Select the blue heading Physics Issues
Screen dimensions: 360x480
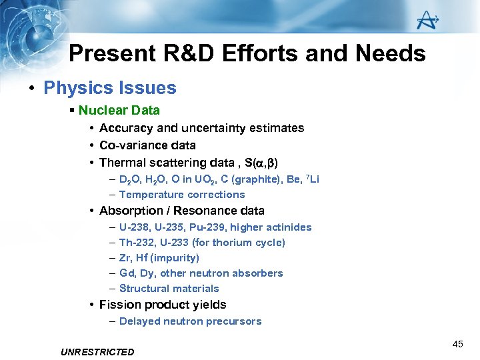(110, 88)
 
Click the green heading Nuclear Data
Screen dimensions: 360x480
(119, 110)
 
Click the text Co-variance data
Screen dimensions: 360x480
(147, 145)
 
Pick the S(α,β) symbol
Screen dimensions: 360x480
(259, 163)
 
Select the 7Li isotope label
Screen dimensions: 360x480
(312, 179)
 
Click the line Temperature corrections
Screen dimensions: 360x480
(182, 195)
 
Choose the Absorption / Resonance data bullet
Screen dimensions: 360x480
(181, 211)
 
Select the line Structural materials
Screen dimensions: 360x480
(169, 289)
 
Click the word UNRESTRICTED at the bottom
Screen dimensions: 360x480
(97, 351)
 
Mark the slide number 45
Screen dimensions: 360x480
(457, 344)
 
